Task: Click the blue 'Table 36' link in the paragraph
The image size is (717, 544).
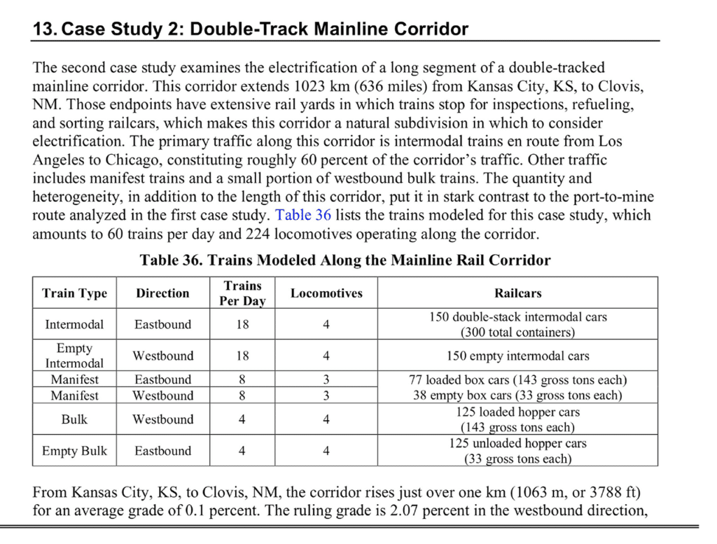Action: pos(303,215)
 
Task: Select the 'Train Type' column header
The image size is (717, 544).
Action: pos(75,293)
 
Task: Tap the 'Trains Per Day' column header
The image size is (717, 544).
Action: pos(242,293)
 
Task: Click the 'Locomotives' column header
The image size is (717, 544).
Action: pos(326,293)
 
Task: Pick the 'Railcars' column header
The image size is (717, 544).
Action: pos(517,293)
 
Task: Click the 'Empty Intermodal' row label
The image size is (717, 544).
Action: pos(75,356)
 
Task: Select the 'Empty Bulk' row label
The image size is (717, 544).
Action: pos(75,451)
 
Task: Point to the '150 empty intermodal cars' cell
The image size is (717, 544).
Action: pos(517,356)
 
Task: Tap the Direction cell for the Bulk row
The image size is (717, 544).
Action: pos(163,419)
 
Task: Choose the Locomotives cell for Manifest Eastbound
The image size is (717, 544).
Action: pos(326,379)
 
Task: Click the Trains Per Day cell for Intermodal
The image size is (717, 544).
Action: pos(242,324)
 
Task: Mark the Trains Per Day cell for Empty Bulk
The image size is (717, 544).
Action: pos(242,451)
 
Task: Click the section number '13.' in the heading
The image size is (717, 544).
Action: pos(45,29)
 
